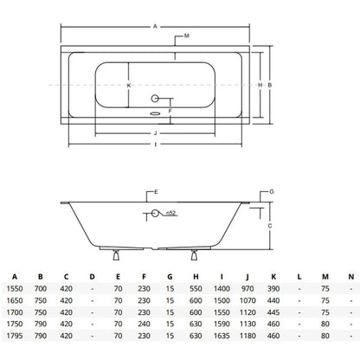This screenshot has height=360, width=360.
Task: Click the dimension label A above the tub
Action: (x=155, y=27)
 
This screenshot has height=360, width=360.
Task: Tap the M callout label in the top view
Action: (x=187, y=35)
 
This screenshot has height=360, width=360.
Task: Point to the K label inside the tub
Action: (x=129, y=86)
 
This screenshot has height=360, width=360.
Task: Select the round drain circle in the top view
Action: (x=155, y=99)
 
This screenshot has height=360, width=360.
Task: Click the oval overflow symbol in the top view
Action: (x=155, y=113)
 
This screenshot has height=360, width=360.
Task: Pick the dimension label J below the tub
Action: (x=155, y=133)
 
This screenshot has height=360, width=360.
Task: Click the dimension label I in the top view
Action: (x=156, y=145)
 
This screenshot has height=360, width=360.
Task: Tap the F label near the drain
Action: (x=170, y=111)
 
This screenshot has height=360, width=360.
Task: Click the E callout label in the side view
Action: (x=156, y=192)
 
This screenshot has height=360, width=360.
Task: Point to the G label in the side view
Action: (x=272, y=191)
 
